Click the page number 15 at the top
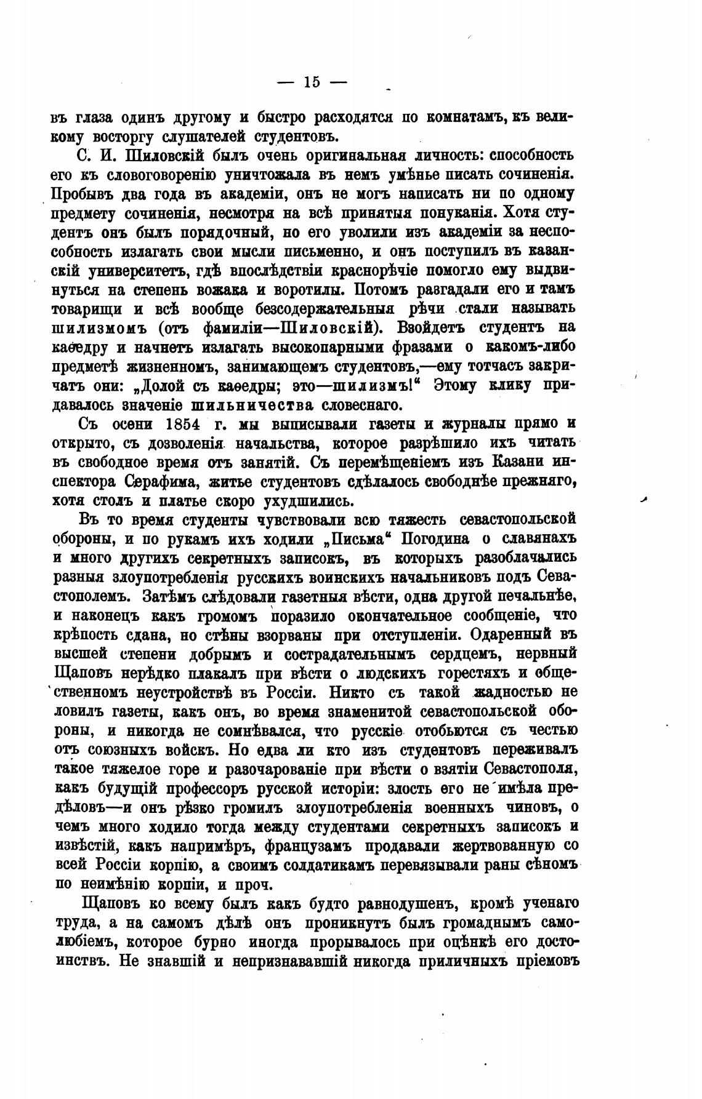click(x=312, y=82)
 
